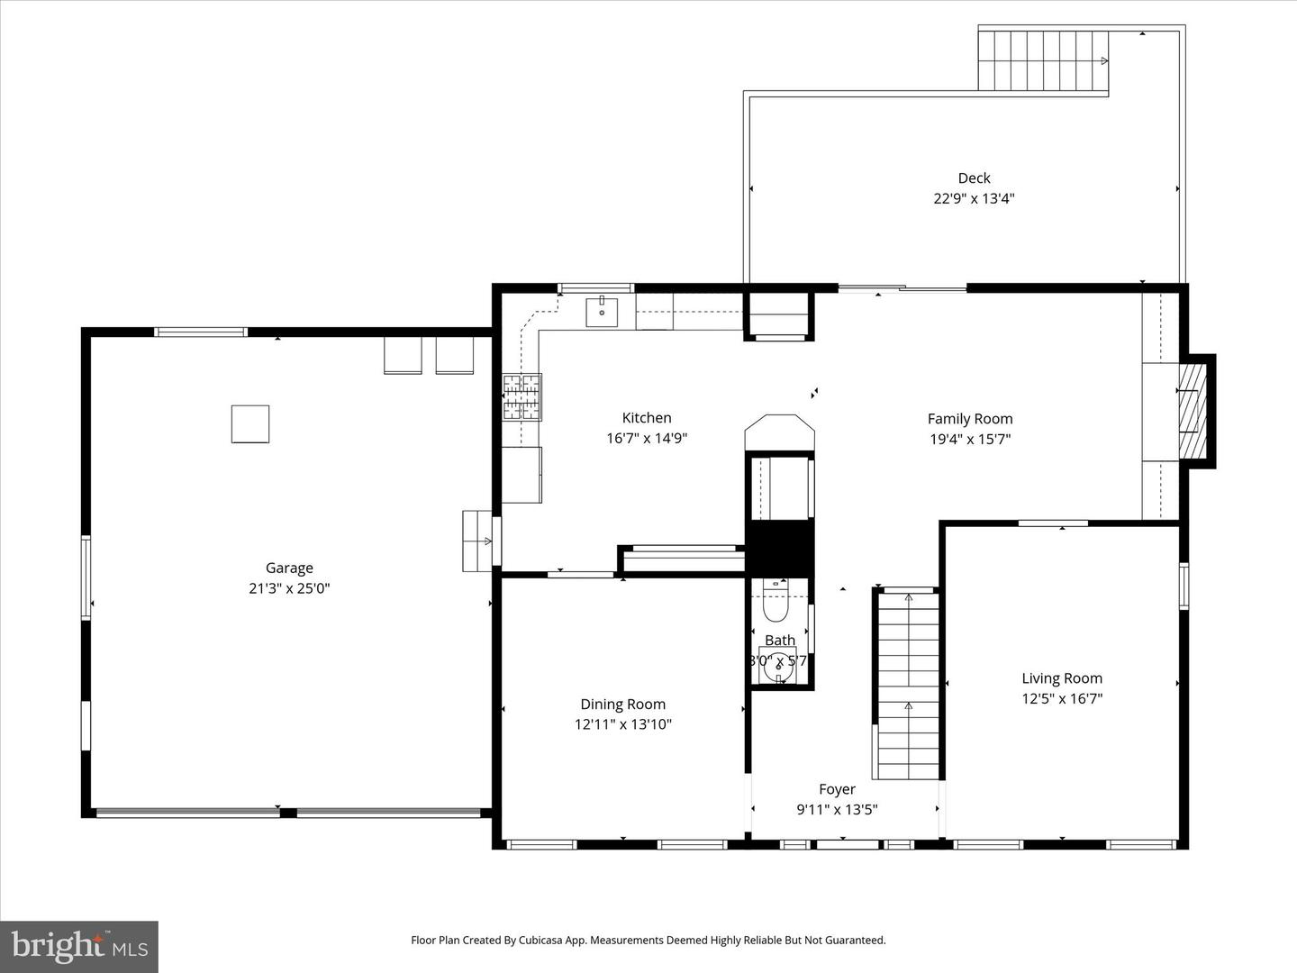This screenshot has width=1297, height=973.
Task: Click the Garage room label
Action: pyautogui.click(x=289, y=568)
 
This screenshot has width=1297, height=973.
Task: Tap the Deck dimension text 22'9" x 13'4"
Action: pyautogui.click(x=974, y=199)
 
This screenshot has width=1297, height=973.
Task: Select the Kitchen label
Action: pyautogui.click(x=647, y=417)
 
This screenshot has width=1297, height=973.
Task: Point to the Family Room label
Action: pyautogui.click(x=970, y=418)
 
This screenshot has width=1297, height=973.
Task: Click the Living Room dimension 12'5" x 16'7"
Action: pyautogui.click(x=1062, y=698)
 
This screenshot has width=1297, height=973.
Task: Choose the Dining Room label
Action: pyautogui.click(x=622, y=705)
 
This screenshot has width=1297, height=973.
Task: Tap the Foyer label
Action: pyautogui.click(x=837, y=789)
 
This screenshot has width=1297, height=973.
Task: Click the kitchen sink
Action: pyautogui.click(x=601, y=312)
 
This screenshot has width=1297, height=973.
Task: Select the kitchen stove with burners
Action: pyautogui.click(x=522, y=397)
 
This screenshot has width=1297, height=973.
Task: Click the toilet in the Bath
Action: pyautogui.click(x=775, y=606)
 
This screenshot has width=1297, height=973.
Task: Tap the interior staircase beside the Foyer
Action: pyautogui.click(x=908, y=685)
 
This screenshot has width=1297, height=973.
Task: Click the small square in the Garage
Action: pyautogui.click(x=250, y=423)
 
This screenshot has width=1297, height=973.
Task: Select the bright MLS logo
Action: pyautogui.click(x=79, y=946)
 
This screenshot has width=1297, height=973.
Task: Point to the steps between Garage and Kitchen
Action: pyautogui.click(x=476, y=541)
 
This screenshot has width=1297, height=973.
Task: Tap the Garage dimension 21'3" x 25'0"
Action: pyautogui.click(x=289, y=588)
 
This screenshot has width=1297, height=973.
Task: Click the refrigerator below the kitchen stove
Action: pyautogui.click(x=522, y=475)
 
